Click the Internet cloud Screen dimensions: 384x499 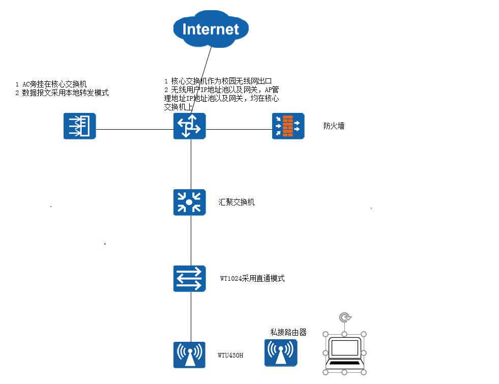click(211, 28)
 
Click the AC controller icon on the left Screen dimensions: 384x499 click(80, 126)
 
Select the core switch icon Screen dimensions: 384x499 click(190, 126)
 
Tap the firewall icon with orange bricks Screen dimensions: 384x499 click(288, 126)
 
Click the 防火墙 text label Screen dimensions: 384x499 click(334, 126)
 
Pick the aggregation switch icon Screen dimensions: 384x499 click(190, 202)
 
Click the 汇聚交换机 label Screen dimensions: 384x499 click(237, 202)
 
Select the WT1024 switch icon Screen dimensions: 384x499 click(190, 279)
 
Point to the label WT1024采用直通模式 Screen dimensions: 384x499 click(252, 279)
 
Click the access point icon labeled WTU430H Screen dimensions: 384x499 click(189, 355)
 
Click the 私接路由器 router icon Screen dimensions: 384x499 click(281, 353)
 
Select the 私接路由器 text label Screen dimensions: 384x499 click(288, 332)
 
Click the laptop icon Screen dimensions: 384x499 click(344, 353)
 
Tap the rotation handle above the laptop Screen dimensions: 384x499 click(345, 318)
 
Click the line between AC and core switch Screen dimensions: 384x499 click(135, 129)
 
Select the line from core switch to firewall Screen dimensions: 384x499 click(239, 129)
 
